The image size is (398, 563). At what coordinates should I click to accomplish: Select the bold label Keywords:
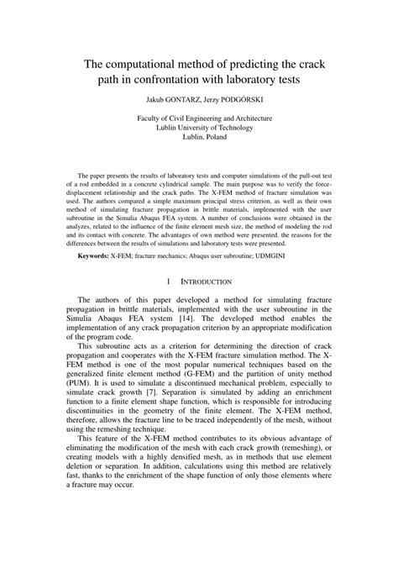point(92,254)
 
